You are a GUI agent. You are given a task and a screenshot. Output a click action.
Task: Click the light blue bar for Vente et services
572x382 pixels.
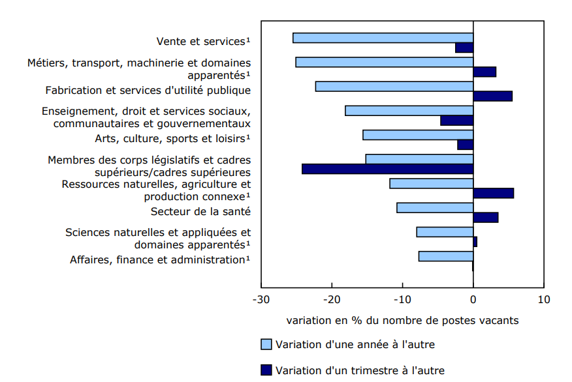[383, 38]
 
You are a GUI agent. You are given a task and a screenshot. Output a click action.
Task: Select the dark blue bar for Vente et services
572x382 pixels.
[464, 48]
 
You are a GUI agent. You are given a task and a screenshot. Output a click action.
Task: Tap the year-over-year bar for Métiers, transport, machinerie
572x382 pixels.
[384, 62]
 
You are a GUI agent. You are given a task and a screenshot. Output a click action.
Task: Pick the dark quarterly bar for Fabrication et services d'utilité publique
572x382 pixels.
[492, 96]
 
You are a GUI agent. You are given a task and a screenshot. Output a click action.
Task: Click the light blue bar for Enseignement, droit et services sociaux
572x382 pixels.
[409, 111]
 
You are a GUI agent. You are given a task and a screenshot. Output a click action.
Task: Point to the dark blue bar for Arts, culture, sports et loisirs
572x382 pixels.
[465, 145]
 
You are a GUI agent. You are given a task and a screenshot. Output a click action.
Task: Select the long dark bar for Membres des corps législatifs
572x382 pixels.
[387, 169]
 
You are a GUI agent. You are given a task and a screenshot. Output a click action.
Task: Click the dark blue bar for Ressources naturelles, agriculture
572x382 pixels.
[493, 193]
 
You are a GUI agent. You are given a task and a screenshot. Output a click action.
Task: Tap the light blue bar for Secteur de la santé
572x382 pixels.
[434, 208]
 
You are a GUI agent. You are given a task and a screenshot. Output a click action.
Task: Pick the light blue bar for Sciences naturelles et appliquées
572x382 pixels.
[445, 232]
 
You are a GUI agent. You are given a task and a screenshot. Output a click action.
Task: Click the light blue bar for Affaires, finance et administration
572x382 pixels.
[445, 256]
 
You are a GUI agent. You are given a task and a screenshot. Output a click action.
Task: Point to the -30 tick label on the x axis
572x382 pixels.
[261, 300]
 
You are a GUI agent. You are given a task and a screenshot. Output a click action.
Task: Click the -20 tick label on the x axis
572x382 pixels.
[332, 300]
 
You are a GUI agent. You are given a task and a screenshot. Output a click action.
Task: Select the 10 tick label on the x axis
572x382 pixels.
[543, 300]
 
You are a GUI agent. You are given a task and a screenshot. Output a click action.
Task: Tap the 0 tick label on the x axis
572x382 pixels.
[473, 300]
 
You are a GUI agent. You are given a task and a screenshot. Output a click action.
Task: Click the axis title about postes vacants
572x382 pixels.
[402, 320]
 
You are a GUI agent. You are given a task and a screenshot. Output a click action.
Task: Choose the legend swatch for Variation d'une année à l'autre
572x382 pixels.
[266, 344]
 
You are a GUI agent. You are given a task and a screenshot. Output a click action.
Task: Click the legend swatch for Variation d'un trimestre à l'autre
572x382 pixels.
[266, 370]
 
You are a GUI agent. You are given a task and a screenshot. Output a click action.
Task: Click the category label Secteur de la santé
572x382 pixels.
[200, 211]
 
